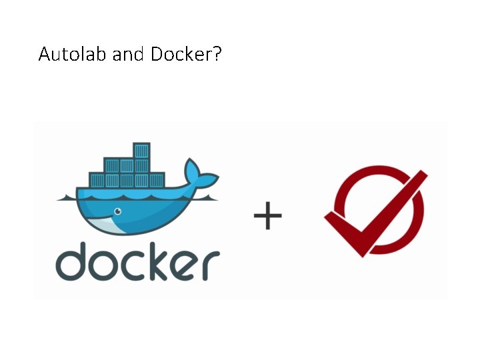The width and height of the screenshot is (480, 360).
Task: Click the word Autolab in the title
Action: [x=73, y=54]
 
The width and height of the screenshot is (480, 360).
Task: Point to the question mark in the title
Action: [x=217, y=54]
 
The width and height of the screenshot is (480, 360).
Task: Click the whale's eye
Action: [x=118, y=212]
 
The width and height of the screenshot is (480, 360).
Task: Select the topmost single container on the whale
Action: [x=141, y=150]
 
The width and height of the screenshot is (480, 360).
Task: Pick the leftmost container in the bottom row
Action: [x=97, y=180]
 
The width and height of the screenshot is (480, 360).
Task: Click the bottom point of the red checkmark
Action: [x=363, y=252]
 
